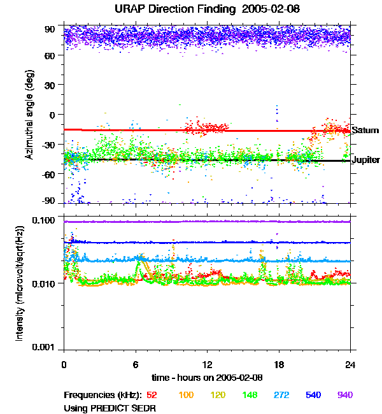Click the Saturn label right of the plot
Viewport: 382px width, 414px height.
pyautogui.click(x=365, y=131)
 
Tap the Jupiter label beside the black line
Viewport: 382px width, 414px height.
pyautogui.click(x=366, y=160)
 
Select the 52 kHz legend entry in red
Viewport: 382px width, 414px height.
pyautogui.click(x=152, y=396)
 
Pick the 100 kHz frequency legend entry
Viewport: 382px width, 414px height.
pyautogui.click(x=185, y=396)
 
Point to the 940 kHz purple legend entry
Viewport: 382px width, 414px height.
pyautogui.click(x=344, y=396)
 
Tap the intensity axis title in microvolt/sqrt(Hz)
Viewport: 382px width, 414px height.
pyautogui.click(x=20, y=284)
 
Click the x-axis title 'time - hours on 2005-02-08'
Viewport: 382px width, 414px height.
pyautogui.click(x=207, y=377)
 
